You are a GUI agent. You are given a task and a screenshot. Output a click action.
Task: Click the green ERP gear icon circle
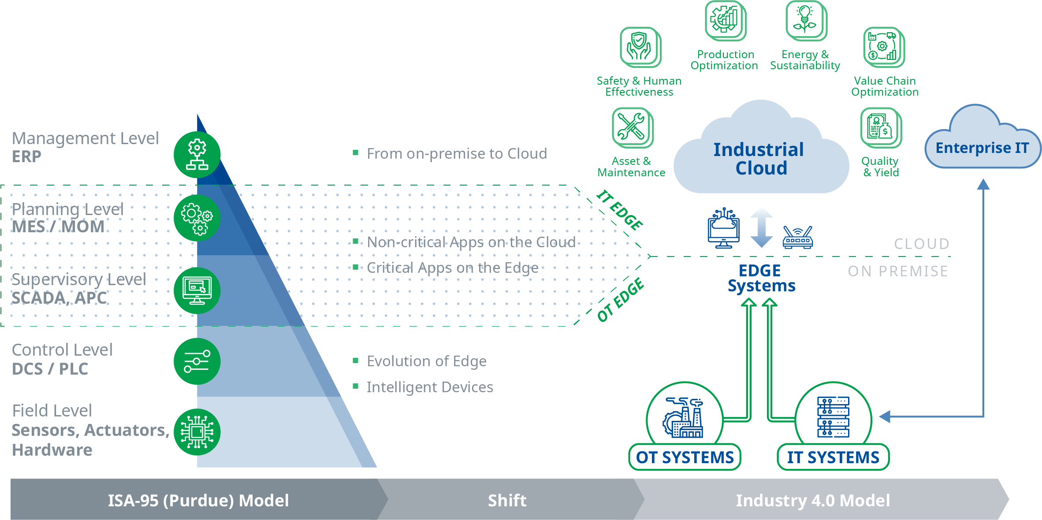(x=197, y=155)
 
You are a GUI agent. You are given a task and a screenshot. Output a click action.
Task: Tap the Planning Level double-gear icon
(x=197, y=218)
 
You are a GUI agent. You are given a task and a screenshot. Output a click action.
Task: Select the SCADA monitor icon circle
(x=197, y=291)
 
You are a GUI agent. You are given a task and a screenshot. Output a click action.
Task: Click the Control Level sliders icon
(x=197, y=361)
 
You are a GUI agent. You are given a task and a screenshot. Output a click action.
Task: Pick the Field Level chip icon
(x=197, y=432)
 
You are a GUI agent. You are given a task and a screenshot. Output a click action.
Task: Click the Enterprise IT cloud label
(x=982, y=148)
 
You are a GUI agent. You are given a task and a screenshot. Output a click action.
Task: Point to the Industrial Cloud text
(x=759, y=159)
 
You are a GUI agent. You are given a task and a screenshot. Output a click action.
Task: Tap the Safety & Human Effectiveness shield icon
(x=640, y=46)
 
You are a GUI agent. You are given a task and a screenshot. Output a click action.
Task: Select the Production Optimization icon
(x=724, y=20)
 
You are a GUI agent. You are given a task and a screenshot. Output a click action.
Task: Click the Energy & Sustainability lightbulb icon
(x=805, y=20)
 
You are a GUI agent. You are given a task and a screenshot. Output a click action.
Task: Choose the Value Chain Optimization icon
(x=883, y=46)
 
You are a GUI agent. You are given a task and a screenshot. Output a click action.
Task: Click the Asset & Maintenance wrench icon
(x=632, y=127)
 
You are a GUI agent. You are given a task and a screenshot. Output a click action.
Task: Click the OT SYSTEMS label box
(x=685, y=457)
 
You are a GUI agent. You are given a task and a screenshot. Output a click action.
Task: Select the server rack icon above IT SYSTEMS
(x=833, y=416)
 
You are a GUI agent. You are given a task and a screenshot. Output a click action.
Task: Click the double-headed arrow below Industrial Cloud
(x=761, y=228)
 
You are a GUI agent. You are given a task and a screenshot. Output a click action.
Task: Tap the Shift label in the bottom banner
(x=507, y=501)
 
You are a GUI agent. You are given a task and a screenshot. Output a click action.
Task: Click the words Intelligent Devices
(x=430, y=387)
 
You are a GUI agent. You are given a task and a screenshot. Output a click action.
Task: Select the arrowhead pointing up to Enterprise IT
(x=983, y=184)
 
